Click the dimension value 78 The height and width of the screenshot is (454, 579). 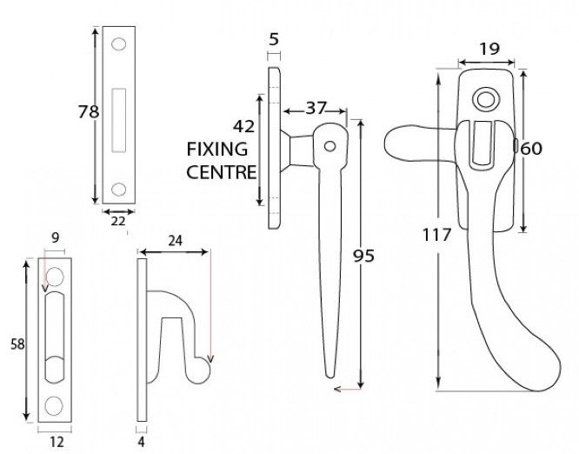pos(77,110)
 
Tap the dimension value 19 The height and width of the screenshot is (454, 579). pos(489,49)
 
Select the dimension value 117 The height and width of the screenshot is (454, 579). pos(434,235)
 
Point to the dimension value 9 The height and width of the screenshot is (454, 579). pos(55,235)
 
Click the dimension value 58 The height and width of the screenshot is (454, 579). pos(15,344)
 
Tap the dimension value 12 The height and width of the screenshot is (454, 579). pos(57,442)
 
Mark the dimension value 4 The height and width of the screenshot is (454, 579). pos(141,442)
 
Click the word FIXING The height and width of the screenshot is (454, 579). pos(217,149)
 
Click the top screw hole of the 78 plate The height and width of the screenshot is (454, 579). pos(118,43)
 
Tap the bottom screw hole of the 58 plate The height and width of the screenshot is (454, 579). pos(55,404)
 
